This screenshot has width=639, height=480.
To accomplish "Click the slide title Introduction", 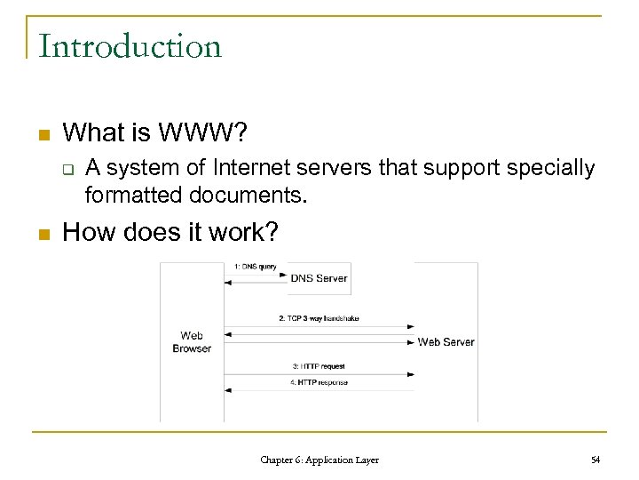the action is (130, 46).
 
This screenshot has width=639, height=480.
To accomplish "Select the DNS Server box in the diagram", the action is (319, 278).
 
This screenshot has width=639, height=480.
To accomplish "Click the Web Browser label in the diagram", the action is (192, 342).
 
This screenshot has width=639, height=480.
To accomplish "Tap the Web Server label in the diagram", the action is (446, 342).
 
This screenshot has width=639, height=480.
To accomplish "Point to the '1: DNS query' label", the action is (256, 266).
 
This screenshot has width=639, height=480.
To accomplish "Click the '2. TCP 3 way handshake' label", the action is (319, 318).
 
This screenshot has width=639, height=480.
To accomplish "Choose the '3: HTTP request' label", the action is (319, 366).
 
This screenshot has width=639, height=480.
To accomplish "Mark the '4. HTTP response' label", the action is (319, 383).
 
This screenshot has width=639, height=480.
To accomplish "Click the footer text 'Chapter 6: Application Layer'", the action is (319, 460).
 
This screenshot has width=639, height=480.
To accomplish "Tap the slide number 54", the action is (595, 460).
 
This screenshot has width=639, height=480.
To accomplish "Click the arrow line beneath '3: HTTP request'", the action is (319, 373).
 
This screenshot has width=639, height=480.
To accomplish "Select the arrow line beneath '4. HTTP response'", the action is (319, 389).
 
